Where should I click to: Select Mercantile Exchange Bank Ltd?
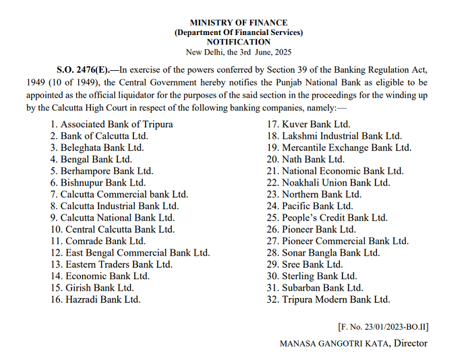point(346,147)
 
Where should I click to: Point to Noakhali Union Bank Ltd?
point(336,182)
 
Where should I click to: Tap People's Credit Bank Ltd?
point(334,218)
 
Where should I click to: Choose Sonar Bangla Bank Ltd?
point(330,253)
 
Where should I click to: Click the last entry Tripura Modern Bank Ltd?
point(336,299)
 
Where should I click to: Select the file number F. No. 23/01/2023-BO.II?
point(382,327)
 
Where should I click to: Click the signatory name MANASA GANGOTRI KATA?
point(335,343)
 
